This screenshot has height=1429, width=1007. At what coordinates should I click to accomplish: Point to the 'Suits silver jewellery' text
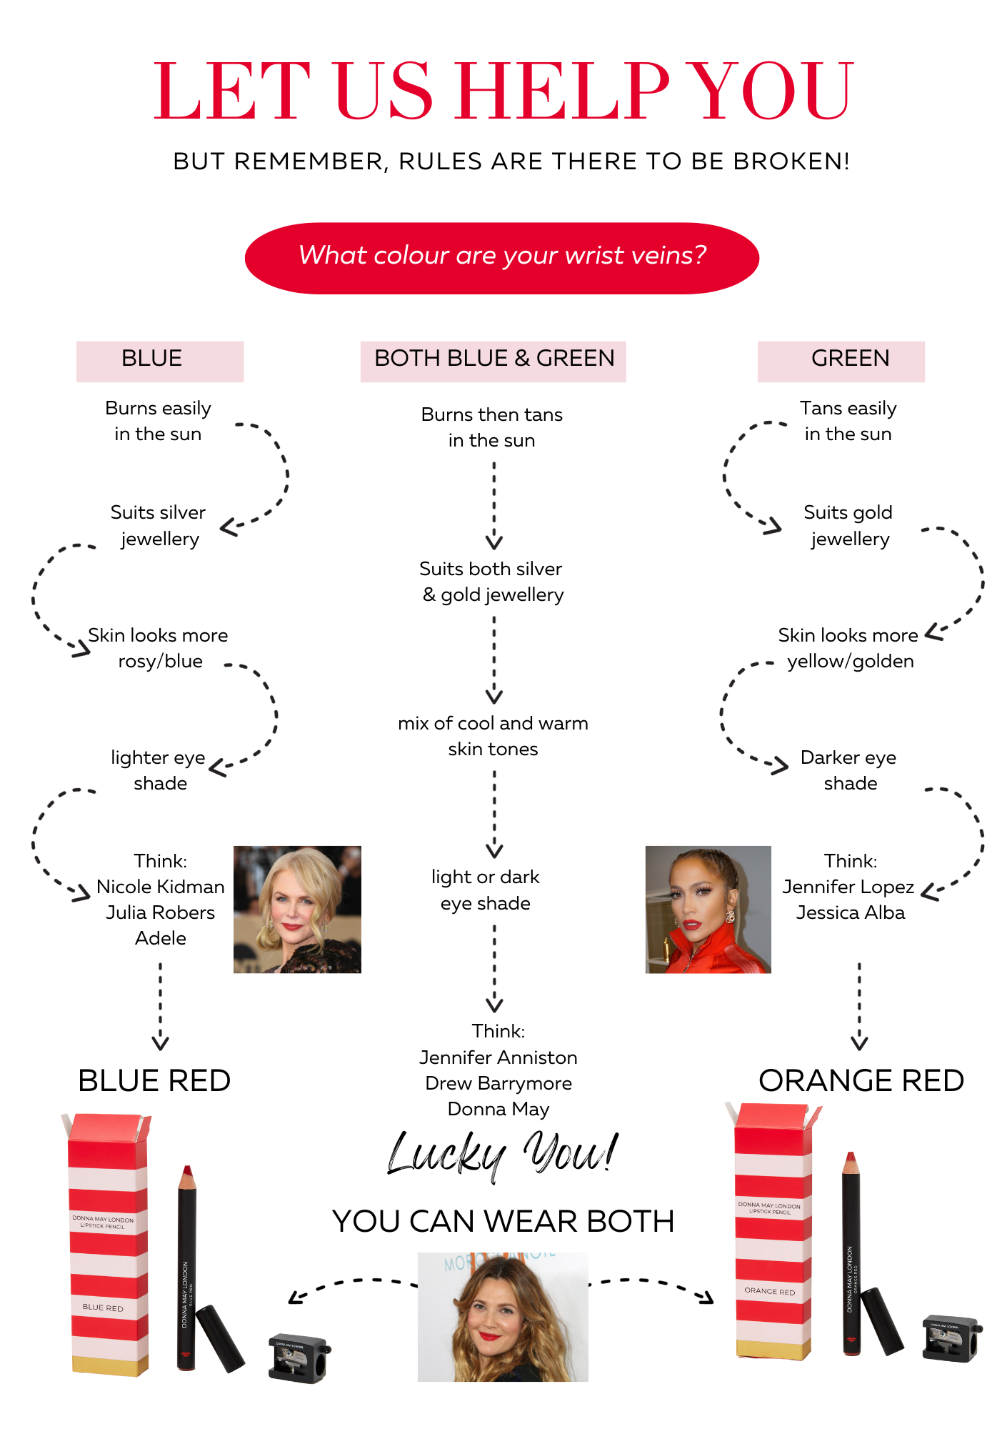159,525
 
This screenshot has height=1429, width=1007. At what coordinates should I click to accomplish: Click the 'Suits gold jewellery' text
848,525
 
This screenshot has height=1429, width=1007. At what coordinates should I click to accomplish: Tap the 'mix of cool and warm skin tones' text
493,736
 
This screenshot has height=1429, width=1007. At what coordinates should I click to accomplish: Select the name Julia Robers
161,912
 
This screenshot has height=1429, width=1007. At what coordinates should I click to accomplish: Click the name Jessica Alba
851,912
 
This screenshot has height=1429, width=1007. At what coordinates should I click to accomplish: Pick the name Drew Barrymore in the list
499,1083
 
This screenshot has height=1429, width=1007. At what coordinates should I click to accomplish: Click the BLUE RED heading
154,1080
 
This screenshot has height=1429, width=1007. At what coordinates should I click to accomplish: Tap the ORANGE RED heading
861,1080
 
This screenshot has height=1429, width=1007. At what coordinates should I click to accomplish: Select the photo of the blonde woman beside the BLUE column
297,909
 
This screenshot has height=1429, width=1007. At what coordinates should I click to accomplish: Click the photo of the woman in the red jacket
708,909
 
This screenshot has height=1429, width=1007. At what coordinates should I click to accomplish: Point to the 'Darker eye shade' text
849,770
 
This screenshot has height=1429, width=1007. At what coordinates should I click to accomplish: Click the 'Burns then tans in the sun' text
491,427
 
